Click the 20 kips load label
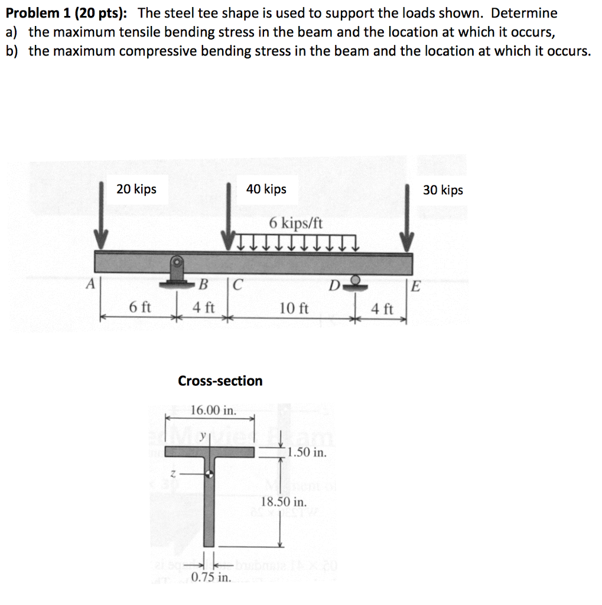[136, 189]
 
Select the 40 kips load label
[266, 189]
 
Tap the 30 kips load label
[443, 190]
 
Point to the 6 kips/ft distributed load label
[296, 223]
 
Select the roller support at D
[355, 281]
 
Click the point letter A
[90, 284]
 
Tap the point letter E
[415, 287]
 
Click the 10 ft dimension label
[294, 308]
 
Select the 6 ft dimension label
[140, 307]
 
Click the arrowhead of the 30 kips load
[406, 242]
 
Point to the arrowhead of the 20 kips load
[102, 242]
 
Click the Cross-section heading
[220, 381]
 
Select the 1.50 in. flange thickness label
[307, 453]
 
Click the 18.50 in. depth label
[284, 502]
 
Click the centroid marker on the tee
[209, 473]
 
